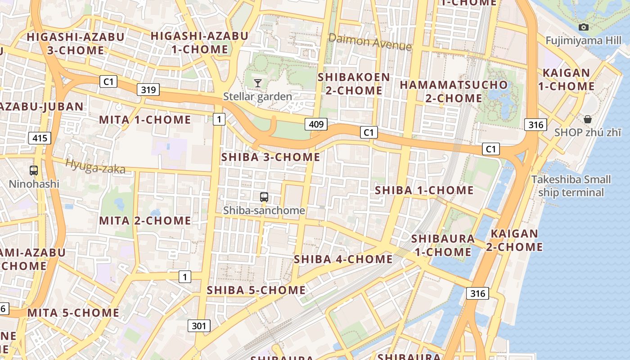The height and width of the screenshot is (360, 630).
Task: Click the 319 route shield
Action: pyautogui.click(x=148, y=90)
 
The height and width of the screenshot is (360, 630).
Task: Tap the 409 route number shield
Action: pyautogui.click(x=316, y=124)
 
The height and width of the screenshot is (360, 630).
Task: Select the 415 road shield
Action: pyautogui.click(x=40, y=138)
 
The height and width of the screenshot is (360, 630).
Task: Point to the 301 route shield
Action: pyautogui.click(x=198, y=325)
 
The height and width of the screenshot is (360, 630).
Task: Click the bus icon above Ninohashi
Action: pyautogui.click(x=34, y=171)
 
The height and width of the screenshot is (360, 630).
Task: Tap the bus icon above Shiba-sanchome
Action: pyautogui.click(x=264, y=197)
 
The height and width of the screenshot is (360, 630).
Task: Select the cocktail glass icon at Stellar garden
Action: pyautogui.click(x=258, y=83)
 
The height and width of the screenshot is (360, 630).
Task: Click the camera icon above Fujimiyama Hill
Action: pyautogui.click(x=584, y=27)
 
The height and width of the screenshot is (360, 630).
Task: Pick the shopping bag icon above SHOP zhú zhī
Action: pyautogui.click(x=588, y=119)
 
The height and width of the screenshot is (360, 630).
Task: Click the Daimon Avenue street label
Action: pyautogui.click(x=370, y=42)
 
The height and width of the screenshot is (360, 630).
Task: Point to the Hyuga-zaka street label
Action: pyautogui.click(x=95, y=166)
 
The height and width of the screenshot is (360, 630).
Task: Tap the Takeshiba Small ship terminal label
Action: pyautogui.click(x=571, y=186)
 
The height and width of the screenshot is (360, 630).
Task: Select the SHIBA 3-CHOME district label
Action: pyautogui.click(x=271, y=157)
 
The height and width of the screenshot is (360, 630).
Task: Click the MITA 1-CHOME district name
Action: pyautogui.click(x=145, y=120)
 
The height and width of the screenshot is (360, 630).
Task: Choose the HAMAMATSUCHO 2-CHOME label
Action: pyautogui.click(x=454, y=91)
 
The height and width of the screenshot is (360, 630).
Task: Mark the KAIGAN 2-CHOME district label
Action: pyautogui.click(x=514, y=240)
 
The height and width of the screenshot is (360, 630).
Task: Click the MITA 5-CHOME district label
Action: pyautogui.click(x=73, y=313)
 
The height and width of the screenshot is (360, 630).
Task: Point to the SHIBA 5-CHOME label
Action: pyautogui.click(x=256, y=290)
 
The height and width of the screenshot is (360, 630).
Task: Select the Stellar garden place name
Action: pyautogui.click(x=258, y=96)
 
